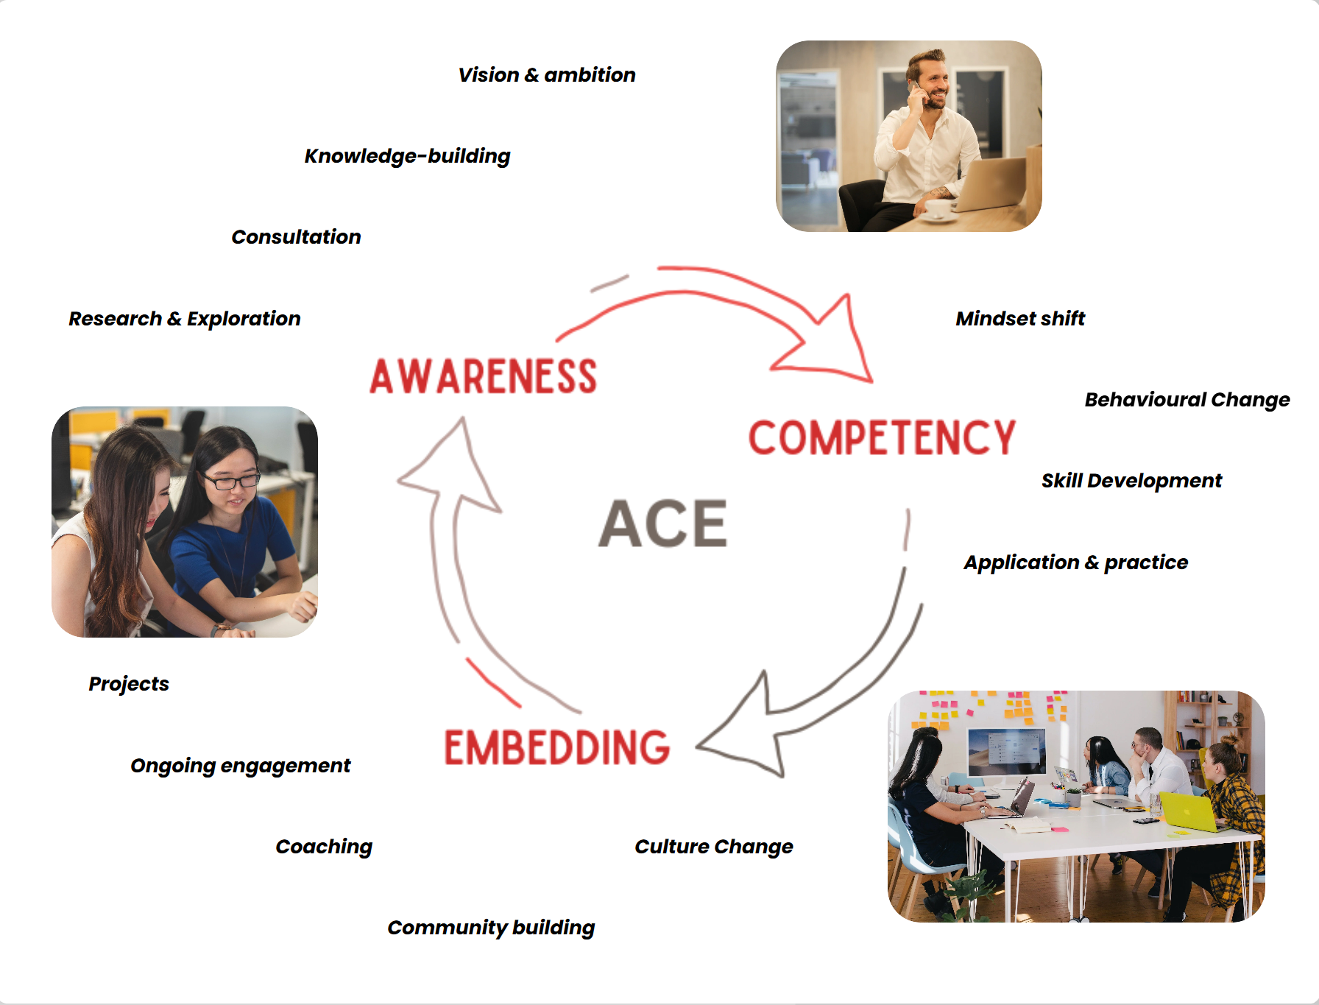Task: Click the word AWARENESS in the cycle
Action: (483, 376)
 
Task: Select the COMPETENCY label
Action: (882, 438)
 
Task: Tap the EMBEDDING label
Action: (556, 747)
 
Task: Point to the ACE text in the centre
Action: (662, 523)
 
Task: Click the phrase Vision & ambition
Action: (546, 75)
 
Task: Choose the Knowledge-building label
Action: (407, 156)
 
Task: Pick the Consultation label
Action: (296, 237)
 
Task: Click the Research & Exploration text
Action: (184, 319)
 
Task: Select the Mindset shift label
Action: (1019, 319)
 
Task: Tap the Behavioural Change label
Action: (1187, 400)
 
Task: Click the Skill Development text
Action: (1131, 481)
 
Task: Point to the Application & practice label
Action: (1075, 563)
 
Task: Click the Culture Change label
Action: (713, 847)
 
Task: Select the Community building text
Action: (491, 928)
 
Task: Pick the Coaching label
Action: (324, 847)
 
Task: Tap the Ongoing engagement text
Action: (240, 766)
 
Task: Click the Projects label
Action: (129, 684)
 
